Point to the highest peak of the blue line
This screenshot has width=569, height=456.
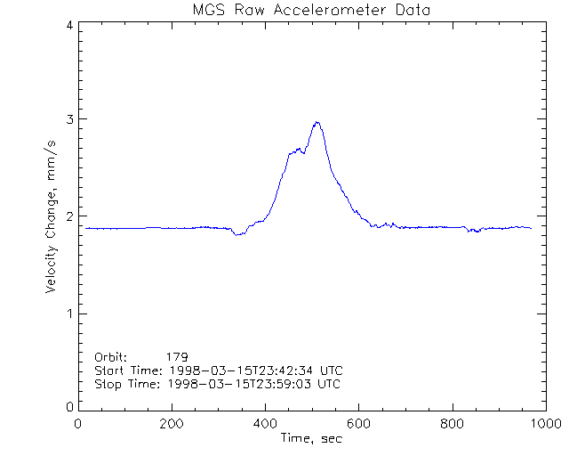(316, 122)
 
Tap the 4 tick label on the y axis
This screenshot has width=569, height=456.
(68, 25)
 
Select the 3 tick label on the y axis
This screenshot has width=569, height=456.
(68, 119)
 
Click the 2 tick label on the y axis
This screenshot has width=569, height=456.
(68, 216)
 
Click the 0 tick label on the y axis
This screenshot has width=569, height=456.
(68, 407)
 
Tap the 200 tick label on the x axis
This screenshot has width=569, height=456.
(172, 424)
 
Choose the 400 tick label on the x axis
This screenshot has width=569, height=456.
(265, 424)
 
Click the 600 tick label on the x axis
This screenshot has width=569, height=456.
(358, 424)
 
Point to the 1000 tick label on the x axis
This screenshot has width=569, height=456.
(544, 424)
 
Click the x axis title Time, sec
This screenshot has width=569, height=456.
(311, 438)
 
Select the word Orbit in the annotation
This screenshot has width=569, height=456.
(110, 356)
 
